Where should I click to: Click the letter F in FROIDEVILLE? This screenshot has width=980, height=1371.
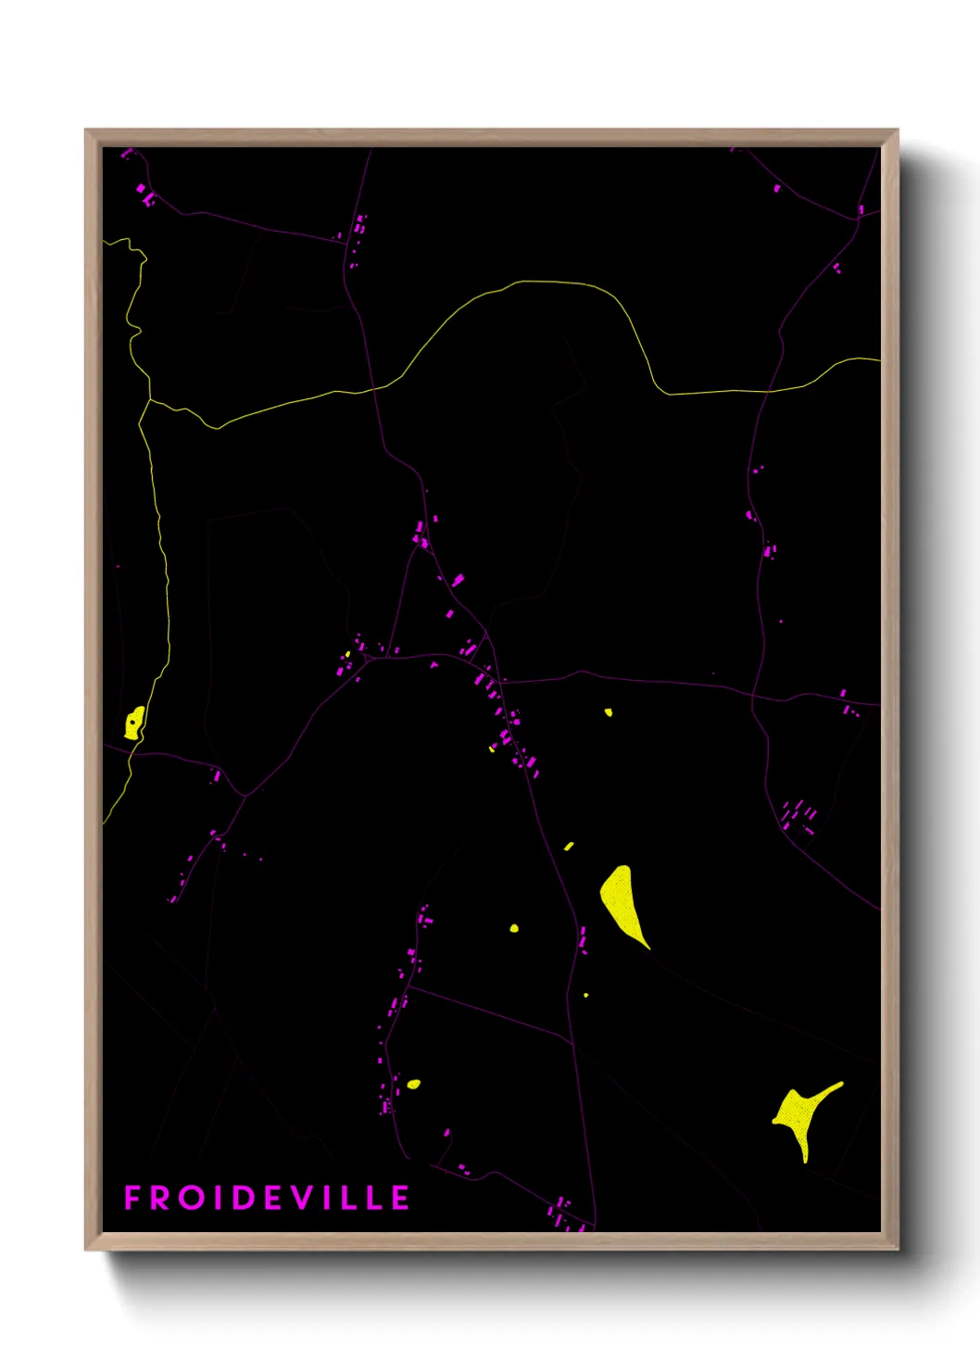(x=132, y=1198)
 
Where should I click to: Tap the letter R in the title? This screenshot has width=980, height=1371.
(x=160, y=1198)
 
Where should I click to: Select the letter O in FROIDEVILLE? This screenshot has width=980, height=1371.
(x=193, y=1198)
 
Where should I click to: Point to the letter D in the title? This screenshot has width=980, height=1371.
(x=243, y=1198)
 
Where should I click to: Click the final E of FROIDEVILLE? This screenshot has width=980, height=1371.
(x=400, y=1198)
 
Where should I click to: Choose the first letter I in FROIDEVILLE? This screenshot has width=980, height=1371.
(x=219, y=1198)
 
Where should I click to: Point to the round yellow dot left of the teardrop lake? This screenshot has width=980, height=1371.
(x=514, y=927)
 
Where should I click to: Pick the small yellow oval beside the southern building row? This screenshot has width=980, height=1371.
(x=413, y=1084)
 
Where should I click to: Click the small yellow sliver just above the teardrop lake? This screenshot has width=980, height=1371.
(x=569, y=846)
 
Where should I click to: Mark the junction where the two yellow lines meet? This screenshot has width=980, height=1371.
(x=149, y=400)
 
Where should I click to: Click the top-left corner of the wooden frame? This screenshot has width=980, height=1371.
(x=86, y=131)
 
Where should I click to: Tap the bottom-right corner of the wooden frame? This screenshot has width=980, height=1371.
(x=898, y=1249)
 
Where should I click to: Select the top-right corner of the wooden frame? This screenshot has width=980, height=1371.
(x=898, y=131)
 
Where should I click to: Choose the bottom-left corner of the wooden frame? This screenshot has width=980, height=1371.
(x=86, y=1249)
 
